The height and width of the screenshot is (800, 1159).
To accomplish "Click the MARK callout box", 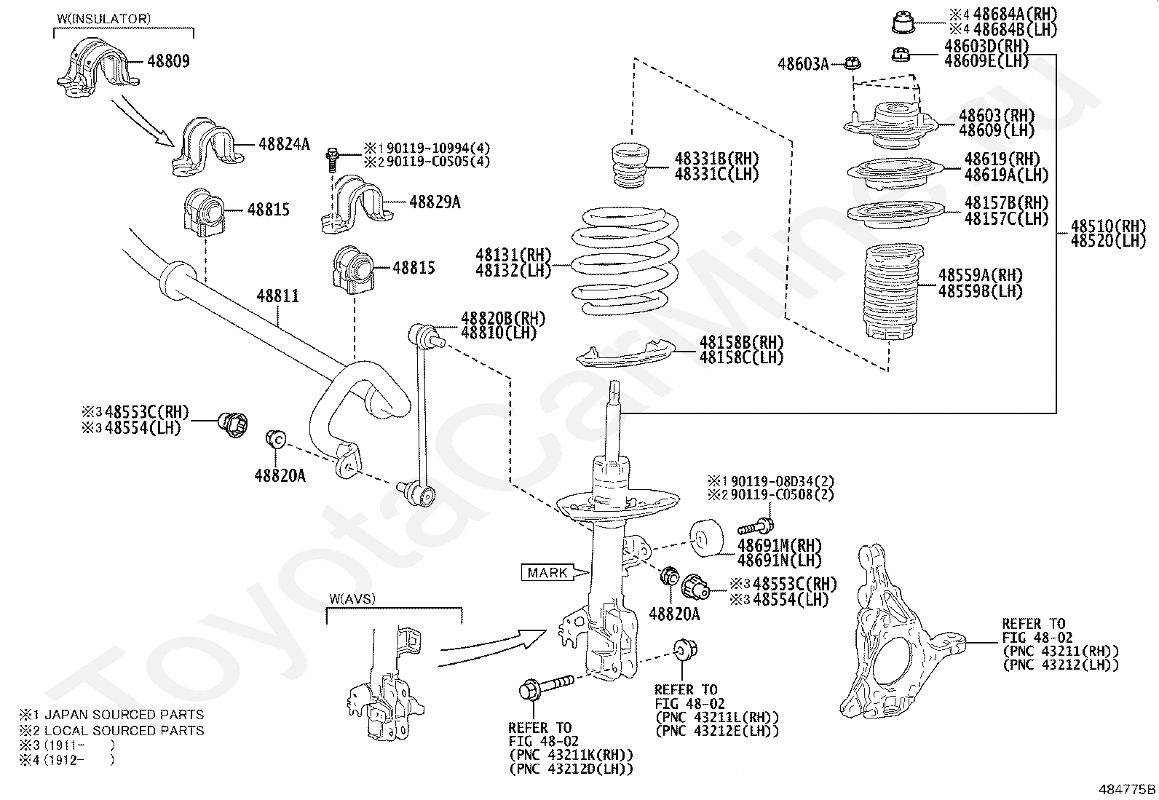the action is (548, 573).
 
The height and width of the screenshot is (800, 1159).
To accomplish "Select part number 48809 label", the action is (169, 61).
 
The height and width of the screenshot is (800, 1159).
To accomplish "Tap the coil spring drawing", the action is (625, 261).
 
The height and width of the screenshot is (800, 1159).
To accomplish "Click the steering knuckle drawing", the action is (902, 631).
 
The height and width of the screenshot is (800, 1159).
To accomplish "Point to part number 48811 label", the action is (278, 296).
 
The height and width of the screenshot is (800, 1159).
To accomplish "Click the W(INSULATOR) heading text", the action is (104, 19).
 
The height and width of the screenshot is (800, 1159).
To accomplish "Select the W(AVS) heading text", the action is (352, 598).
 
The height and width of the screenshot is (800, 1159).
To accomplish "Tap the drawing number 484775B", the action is (1127, 789).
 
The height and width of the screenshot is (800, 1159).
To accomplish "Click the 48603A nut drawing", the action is (853, 63).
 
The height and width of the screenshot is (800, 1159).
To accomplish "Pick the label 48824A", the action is (284, 144).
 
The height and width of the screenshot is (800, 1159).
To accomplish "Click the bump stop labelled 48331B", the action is (630, 165).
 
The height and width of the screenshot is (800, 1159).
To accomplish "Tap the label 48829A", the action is (435, 202).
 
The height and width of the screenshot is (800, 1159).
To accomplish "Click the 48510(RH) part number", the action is (1108, 226).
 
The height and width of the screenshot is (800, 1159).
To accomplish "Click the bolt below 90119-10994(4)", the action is (333, 160).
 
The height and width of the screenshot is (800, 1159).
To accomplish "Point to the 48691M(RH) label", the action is (779, 545).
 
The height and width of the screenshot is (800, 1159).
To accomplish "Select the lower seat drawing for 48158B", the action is (625, 355).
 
